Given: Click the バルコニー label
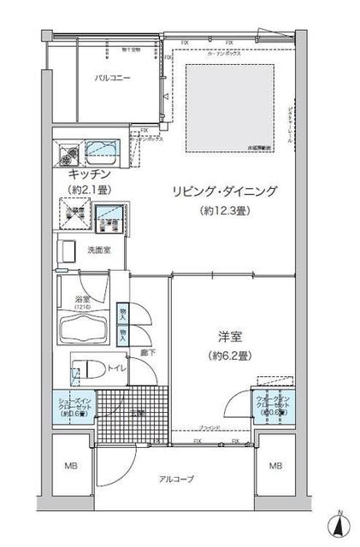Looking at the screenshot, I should pyautogui.click(x=113, y=79).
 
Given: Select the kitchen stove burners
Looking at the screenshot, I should pyautogui.click(x=69, y=154).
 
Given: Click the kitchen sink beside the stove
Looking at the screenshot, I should pyautogui.click(x=105, y=152).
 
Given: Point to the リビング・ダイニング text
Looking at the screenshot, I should pyautogui.click(x=224, y=192).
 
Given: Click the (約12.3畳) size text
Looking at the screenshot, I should pyautogui.click(x=224, y=211).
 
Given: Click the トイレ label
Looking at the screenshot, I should pyautogui.click(x=117, y=368).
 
